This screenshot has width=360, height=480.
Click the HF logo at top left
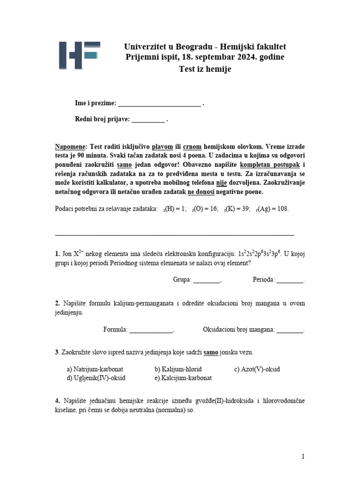pyautogui.click(x=79, y=56)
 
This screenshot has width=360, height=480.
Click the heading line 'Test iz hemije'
pyautogui.click(x=205, y=69)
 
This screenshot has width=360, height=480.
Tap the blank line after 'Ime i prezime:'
pyautogui.click(x=159, y=104)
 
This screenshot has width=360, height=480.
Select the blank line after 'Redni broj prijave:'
pyautogui.click(x=148, y=119)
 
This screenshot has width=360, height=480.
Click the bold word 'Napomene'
pyautogui.click(x=71, y=146)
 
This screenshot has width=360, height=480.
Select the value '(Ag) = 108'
pyautogui.click(x=273, y=209)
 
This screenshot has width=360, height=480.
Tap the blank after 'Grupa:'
pyautogui.click(x=206, y=280)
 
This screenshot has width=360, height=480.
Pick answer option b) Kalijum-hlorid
pyautogui.click(x=178, y=369)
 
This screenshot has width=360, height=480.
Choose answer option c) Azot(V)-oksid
pyautogui.click(x=257, y=369)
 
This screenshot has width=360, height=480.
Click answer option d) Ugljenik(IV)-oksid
pyautogui.click(x=96, y=377)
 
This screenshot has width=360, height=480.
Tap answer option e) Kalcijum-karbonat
pyautogui.click(x=183, y=377)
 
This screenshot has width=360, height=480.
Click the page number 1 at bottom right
pyautogui.click(x=303, y=456)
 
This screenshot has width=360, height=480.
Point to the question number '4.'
pyautogui.click(x=58, y=401)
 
